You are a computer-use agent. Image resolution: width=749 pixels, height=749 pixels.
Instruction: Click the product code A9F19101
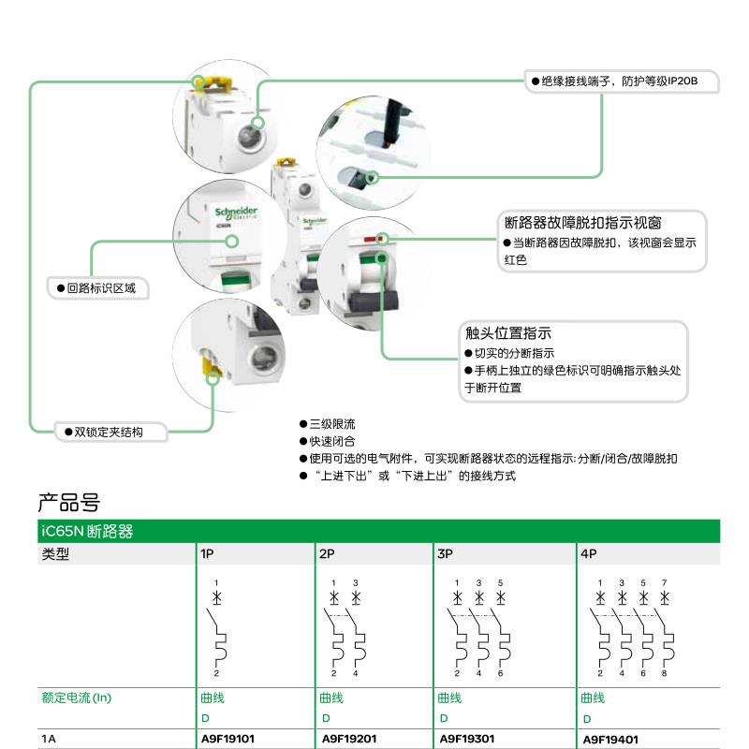[x=228, y=739]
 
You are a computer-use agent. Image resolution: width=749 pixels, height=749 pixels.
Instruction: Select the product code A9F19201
[x=348, y=739]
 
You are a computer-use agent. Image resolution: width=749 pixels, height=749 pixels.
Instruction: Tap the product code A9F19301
[x=466, y=739]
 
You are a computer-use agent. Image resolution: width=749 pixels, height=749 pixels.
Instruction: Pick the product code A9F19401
[x=610, y=740]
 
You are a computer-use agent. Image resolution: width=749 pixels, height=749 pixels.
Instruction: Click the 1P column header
[x=207, y=553]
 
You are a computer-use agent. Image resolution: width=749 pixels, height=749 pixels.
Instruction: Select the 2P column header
[x=327, y=553]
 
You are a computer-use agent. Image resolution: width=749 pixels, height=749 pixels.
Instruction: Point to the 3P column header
[x=445, y=553]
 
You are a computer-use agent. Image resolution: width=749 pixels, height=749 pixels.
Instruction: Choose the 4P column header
[x=589, y=553]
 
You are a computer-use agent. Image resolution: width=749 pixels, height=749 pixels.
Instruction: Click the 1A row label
[x=49, y=739]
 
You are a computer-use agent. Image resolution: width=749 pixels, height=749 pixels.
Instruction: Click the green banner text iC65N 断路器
[x=87, y=532]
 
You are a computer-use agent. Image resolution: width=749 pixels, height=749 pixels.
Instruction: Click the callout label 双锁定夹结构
[x=112, y=432]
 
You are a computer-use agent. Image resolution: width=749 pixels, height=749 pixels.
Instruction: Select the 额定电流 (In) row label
[x=80, y=698]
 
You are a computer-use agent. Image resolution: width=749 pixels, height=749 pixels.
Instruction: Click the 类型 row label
[x=55, y=553]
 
